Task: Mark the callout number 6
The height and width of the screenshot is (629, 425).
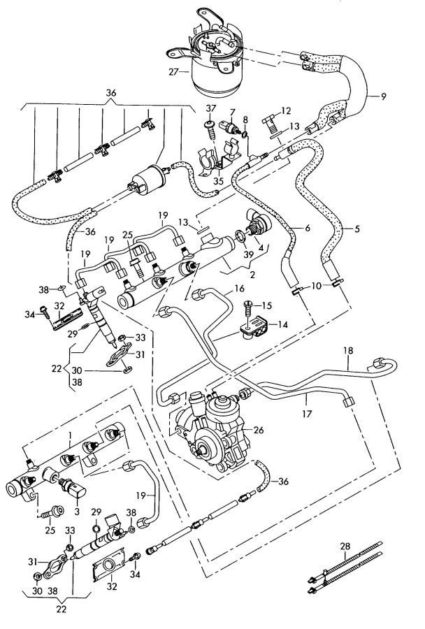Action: [x=306, y=229]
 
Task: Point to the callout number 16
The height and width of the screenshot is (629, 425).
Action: [x=240, y=288]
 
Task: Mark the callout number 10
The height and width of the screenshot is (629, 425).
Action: [x=317, y=287]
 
